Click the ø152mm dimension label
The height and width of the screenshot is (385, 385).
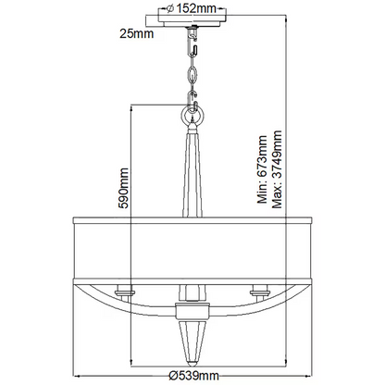coord(192,8)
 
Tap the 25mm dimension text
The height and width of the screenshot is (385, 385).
coord(137,33)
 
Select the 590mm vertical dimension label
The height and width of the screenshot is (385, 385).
coord(123,188)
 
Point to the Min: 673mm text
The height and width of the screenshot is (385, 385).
coord(262,169)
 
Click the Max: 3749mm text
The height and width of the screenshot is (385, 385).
coord(277,169)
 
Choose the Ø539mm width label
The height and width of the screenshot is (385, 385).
coord(194,376)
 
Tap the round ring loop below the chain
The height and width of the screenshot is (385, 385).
coord(192,116)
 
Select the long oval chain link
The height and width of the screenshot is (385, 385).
coord(192,74)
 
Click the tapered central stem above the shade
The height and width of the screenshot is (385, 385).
coord(192,173)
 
